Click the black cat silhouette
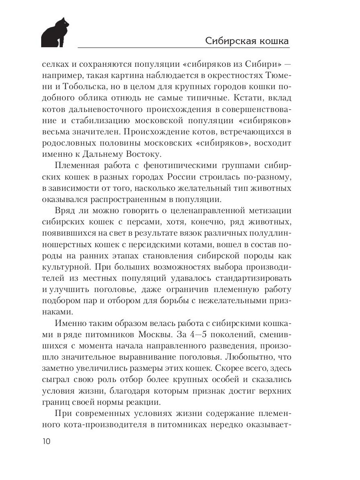[x=55, y=33]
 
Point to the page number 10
[x=45, y=441]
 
